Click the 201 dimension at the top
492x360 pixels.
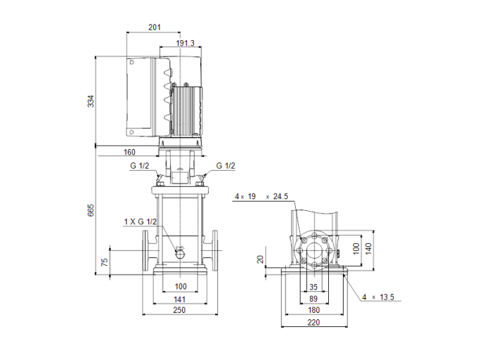tap(155, 27)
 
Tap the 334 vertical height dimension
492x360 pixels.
tap(90, 101)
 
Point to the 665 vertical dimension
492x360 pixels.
tap(90, 210)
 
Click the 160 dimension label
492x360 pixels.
tap(129, 152)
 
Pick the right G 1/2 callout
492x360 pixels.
tap(225, 166)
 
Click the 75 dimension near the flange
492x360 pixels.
tap(105, 262)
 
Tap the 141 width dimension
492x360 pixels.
tap(181, 298)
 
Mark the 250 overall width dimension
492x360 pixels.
tap(181, 310)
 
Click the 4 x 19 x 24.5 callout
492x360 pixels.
tap(261, 197)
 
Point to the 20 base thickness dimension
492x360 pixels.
tap(261, 259)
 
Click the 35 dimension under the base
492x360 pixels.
tap(313, 287)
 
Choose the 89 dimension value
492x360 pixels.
tap(313, 298)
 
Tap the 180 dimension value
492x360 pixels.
tap(313, 310)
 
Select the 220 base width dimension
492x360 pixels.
tap(313, 323)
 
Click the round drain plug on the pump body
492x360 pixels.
tap(179, 251)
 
